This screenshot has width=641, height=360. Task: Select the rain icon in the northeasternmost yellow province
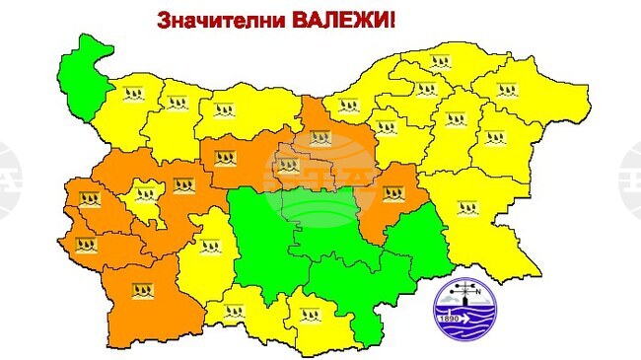point(508,90)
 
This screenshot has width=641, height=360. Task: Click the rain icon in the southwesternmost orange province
point(143,290)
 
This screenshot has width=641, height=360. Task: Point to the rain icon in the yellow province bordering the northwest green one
point(133,95)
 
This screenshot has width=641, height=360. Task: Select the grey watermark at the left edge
point(10,178)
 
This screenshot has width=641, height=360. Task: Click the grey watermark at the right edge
point(631,178)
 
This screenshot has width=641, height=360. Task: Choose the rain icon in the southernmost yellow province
point(309,320)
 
